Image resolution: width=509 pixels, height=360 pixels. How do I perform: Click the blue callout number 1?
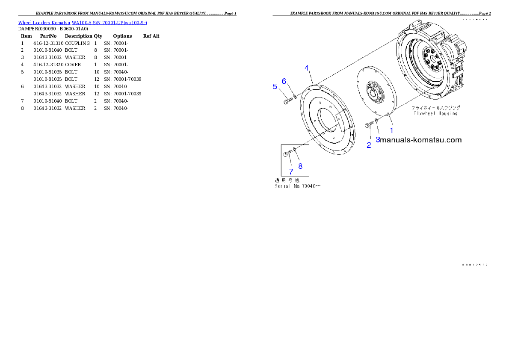point(391,130)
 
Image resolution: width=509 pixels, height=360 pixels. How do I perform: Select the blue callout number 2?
point(369,145)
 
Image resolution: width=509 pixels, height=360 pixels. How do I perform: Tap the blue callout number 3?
point(378,139)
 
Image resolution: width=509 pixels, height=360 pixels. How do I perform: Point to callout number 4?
point(307,68)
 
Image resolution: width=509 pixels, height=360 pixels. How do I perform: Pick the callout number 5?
point(275,86)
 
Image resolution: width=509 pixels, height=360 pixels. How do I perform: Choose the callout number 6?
point(284,81)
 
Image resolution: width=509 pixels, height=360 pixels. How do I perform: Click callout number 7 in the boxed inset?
point(291,171)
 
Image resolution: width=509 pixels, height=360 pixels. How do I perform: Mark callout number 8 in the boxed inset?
point(300,166)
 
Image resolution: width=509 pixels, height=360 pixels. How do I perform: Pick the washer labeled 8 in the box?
point(294,149)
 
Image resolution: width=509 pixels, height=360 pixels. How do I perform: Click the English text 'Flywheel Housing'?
point(435,113)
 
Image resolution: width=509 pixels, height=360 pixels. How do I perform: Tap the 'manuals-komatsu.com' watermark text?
point(421,140)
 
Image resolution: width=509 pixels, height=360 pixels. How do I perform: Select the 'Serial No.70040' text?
point(297,186)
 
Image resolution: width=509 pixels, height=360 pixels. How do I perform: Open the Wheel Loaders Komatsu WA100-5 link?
point(83,23)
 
